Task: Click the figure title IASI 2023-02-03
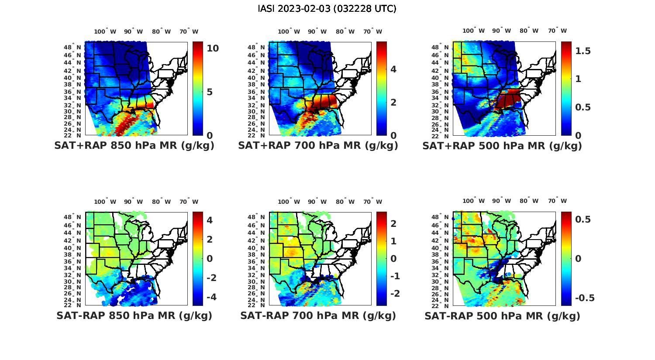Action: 327,9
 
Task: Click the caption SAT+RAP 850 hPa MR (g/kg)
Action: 134,146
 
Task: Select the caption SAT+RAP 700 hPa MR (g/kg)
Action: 318,146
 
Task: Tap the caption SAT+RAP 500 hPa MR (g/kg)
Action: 502,146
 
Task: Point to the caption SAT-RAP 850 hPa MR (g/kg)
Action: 134,315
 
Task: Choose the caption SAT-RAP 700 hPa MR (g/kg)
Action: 318,315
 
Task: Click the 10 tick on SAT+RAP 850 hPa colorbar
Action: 213,48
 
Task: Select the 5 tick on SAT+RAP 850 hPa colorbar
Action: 210,92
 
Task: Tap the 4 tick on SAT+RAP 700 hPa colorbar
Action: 393,69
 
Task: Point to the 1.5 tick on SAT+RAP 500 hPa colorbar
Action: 583,51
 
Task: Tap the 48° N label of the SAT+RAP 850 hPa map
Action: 72,47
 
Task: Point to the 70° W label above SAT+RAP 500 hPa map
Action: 557,31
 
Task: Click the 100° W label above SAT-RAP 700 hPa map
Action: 289,202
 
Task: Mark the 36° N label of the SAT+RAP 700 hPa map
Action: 257,92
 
